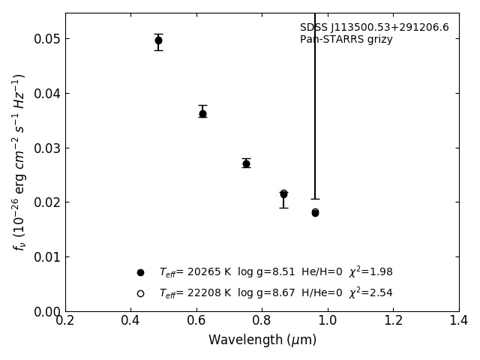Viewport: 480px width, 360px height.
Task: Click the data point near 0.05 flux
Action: pos(158,40)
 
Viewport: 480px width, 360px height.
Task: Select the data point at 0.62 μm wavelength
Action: pos(202,114)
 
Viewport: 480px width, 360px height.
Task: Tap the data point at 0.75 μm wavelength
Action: pos(246,163)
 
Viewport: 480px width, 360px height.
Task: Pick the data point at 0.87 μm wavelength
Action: pos(283,194)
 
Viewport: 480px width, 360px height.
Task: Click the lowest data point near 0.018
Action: pos(315,213)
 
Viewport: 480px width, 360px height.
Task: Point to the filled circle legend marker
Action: pos(140,272)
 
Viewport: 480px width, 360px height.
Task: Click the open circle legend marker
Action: pos(140,293)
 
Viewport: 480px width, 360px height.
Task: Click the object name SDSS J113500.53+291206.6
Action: pos(374,28)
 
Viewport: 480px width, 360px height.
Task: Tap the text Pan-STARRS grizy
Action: pos(346,40)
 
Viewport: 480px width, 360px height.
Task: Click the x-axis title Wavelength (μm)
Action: pos(262,340)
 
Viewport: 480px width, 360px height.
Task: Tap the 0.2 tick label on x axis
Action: pos(65,321)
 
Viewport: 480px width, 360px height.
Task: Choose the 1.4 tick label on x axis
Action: pos(459,321)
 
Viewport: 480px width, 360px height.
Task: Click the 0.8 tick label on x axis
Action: pos(262,321)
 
